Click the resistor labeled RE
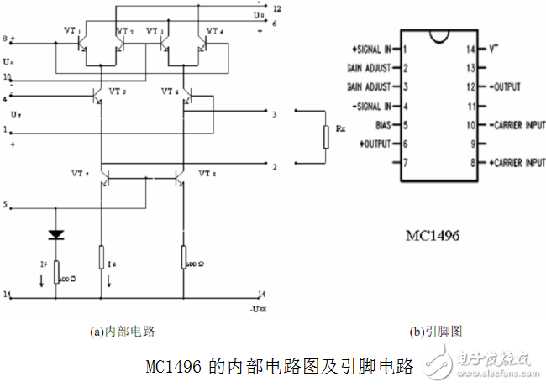coord(325,138)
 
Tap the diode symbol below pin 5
coord(55,235)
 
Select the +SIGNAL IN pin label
coord(367,50)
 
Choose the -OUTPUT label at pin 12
coord(501,86)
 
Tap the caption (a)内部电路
coord(123,331)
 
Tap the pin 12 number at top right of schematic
coord(276,8)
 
